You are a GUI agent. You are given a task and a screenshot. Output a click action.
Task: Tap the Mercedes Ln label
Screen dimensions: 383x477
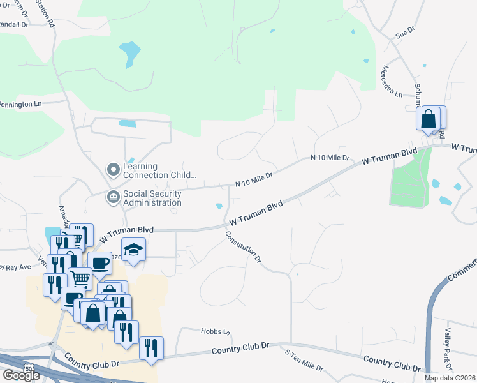pyautogui.click(x=390, y=80)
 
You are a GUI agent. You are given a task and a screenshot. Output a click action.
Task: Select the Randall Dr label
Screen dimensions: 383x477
pyautogui.click(x=14, y=24)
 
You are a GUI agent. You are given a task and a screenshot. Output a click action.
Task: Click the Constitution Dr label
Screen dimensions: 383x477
pyautogui.click(x=243, y=246)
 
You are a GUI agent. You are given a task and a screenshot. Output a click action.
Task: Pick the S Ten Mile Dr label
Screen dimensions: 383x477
pyautogui.click(x=304, y=361)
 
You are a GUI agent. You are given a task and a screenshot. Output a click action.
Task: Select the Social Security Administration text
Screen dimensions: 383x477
pyautogui.click(x=152, y=198)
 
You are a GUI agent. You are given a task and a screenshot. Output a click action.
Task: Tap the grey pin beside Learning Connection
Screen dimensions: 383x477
pyautogui.click(x=113, y=170)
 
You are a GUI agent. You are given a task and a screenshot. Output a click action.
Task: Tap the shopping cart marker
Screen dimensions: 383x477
pyautogui.click(x=80, y=278)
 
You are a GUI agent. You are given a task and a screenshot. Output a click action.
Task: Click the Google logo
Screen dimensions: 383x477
pyautogui.click(x=20, y=375)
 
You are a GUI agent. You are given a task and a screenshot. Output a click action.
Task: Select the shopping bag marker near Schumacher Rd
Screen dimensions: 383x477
pyautogui.click(x=429, y=118)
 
